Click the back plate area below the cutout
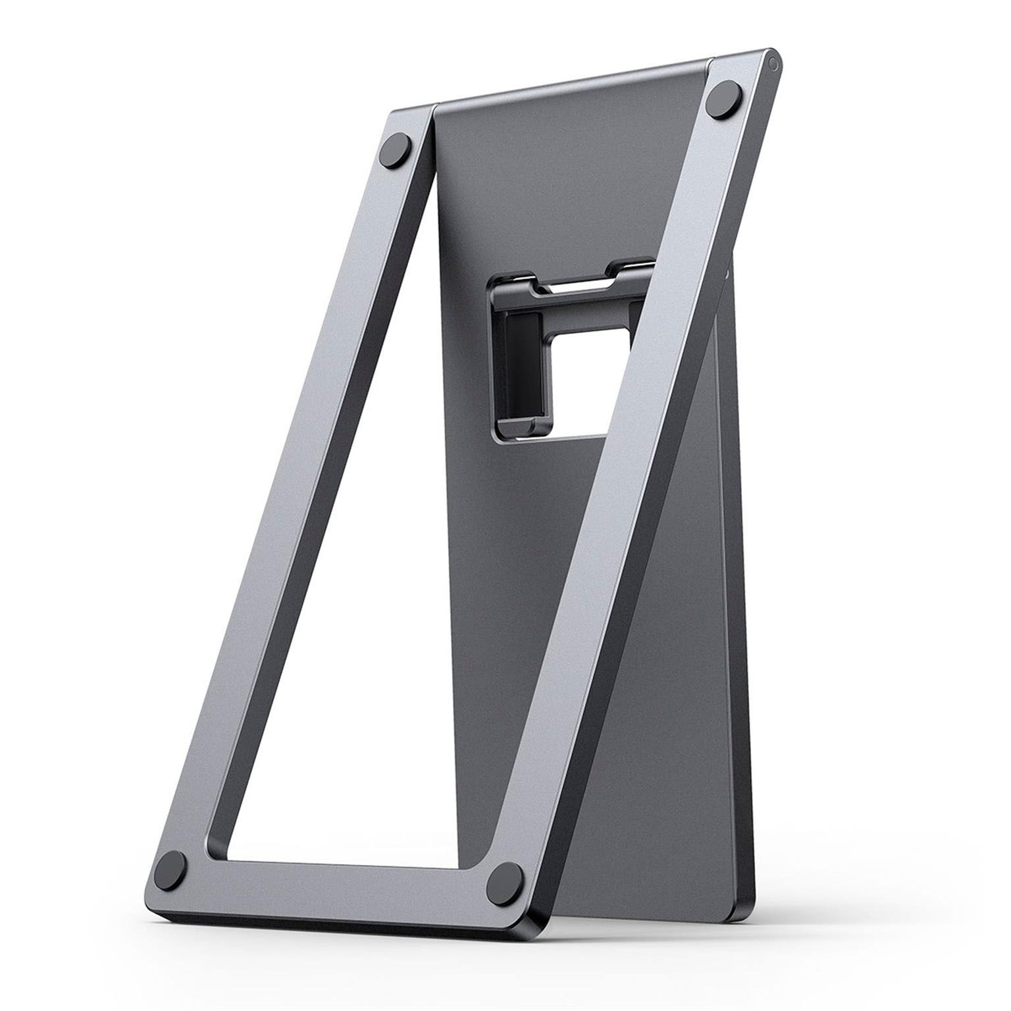tap(527, 559)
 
